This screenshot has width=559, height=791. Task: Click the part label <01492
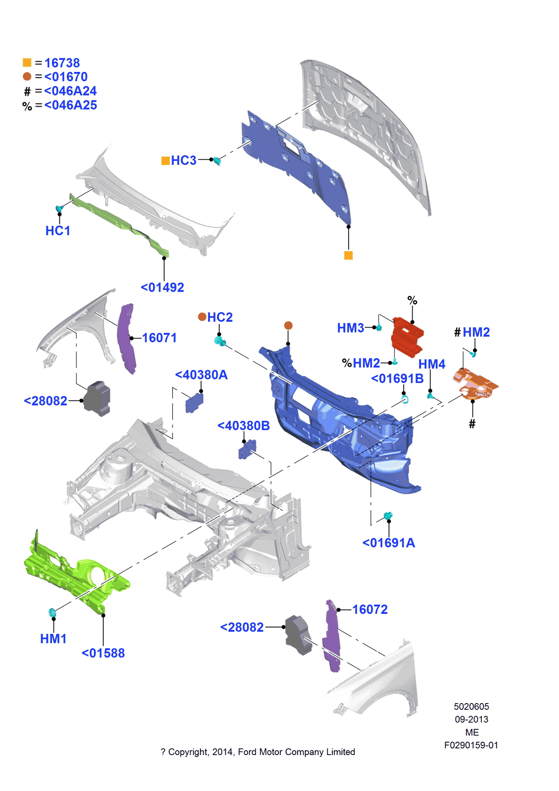coord(162,288)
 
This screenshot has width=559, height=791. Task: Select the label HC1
coord(58,231)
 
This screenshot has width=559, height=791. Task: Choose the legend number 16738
coord(62,63)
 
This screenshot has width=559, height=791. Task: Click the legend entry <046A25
coord(71,105)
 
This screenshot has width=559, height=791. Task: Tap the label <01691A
coord(389,543)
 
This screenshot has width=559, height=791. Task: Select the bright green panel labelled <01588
coord(75,573)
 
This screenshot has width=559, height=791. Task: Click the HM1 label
coord(53,639)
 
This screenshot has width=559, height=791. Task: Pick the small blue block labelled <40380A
coord(194,403)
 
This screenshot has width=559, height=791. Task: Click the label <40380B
coord(244,426)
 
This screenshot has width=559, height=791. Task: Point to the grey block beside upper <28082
coord(97,398)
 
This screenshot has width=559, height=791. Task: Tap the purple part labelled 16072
coord(331,635)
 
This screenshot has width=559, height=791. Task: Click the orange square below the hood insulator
coord(348,256)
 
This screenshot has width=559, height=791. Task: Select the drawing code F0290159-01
coord(471,745)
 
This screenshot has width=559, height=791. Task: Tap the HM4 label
coord(432,364)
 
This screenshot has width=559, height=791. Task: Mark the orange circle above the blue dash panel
coord(288,326)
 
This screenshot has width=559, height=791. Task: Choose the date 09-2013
coord(471,720)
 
